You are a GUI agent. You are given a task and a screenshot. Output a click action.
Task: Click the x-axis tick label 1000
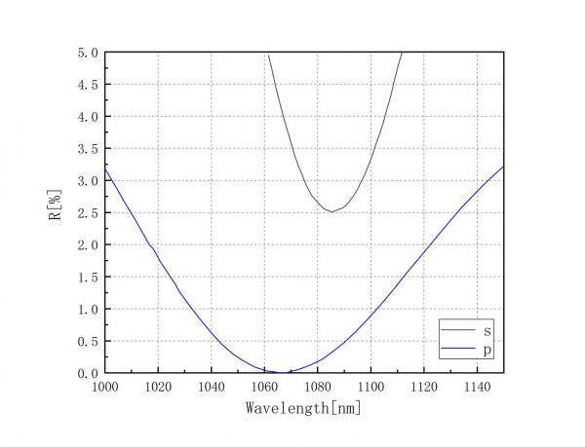[104, 387]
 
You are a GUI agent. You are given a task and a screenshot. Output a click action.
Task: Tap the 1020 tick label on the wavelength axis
[158, 387]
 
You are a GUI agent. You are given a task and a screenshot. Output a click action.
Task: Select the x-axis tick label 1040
[211, 387]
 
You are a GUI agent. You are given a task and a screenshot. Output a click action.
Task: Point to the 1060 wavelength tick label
[264, 387]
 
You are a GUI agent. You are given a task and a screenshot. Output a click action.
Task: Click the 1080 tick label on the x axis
[318, 387]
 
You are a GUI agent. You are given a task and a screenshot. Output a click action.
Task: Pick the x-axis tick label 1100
[370, 387]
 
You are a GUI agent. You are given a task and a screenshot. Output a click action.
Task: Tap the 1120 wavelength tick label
[424, 387]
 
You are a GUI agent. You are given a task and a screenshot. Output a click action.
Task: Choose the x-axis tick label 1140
[477, 387]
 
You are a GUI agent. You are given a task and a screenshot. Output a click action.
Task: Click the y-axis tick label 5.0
[88, 53]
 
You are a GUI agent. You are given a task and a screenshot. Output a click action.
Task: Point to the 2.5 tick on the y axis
[88, 212]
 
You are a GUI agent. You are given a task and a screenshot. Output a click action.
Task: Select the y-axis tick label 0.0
[88, 373]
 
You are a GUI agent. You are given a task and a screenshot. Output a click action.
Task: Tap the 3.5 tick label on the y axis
[88, 149]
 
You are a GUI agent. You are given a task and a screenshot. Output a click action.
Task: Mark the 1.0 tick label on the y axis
[88, 309]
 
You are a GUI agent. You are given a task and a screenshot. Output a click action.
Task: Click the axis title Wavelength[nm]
[304, 408]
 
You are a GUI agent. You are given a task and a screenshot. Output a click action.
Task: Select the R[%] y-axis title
[56, 212]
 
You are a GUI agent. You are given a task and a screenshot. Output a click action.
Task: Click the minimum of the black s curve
[331, 211]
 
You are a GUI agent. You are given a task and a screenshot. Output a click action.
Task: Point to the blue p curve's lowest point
[280, 372]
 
